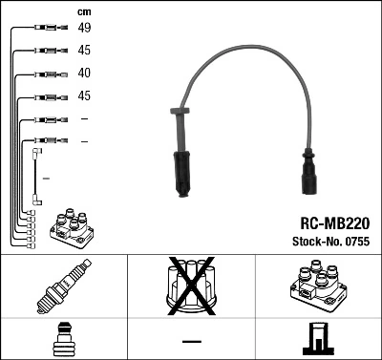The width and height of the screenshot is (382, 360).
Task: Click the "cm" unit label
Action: click(x=85, y=11)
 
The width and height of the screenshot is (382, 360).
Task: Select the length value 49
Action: click(x=85, y=28)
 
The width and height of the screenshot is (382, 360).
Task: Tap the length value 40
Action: click(x=85, y=73)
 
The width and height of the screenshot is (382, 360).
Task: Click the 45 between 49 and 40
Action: click(x=85, y=50)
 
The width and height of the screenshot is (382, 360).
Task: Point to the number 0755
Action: click(x=355, y=243)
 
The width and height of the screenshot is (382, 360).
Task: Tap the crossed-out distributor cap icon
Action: click(x=191, y=286)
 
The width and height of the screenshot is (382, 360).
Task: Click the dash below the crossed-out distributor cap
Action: click(x=191, y=341)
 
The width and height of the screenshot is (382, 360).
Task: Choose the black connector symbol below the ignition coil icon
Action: click(x=317, y=339)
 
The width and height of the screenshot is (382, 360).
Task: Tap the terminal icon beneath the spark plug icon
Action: click(x=63, y=339)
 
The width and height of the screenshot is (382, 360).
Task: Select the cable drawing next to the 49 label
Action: click(x=48, y=28)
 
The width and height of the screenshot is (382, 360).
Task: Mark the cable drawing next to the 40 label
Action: click(x=48, y=73)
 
